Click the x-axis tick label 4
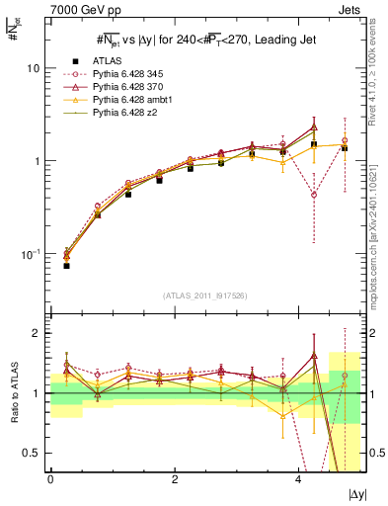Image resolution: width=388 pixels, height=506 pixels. [298, 479]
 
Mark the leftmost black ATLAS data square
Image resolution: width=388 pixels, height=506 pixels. [67, 265]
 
